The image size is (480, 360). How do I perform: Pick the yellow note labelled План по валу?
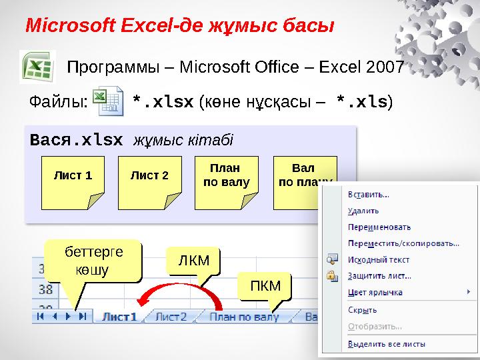tap(225, 177)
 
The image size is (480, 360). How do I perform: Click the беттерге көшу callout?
tap(93, 261)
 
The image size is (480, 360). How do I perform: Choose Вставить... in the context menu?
tap(369, 195)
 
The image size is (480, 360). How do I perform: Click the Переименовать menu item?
tap(379, 227)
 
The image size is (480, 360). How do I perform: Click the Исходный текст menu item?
tap(379, 260)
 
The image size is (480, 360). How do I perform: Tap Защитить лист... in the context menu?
tap(379, 276)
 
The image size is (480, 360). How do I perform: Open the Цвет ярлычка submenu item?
tap(375, 292)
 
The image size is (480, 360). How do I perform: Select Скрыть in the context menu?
tap(363, 310)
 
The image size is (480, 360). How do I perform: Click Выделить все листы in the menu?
tap(387, 345)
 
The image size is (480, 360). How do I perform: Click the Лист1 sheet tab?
tap(119, 318)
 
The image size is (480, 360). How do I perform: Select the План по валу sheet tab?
tap(243, 318)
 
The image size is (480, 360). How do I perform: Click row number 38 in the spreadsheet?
tap(45, 290)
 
